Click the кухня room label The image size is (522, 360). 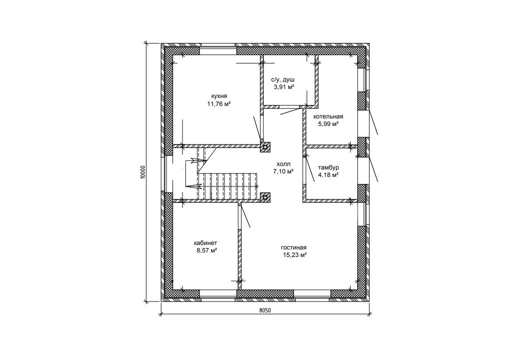pos(219,96)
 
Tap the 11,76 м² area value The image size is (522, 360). pos(219,104)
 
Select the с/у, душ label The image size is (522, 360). pos(283,80)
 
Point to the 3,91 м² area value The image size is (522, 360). pos(283,87)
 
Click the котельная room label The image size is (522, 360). pos(328,116)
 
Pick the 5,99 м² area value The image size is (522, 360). pos(328,124)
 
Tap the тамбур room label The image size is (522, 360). pos(328,167)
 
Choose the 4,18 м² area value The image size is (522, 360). pos(328,175)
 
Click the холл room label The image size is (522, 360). pos(283,164)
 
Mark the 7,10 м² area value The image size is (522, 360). pos(283,172)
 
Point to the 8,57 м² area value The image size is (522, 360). pos(206,251)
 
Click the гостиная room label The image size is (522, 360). pos(293,248)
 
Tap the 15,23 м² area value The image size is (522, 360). pos(294,255)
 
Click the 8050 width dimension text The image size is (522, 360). pos(265,310)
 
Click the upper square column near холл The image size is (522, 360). pos(265,147)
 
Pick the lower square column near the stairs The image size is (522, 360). pos(265,197)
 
